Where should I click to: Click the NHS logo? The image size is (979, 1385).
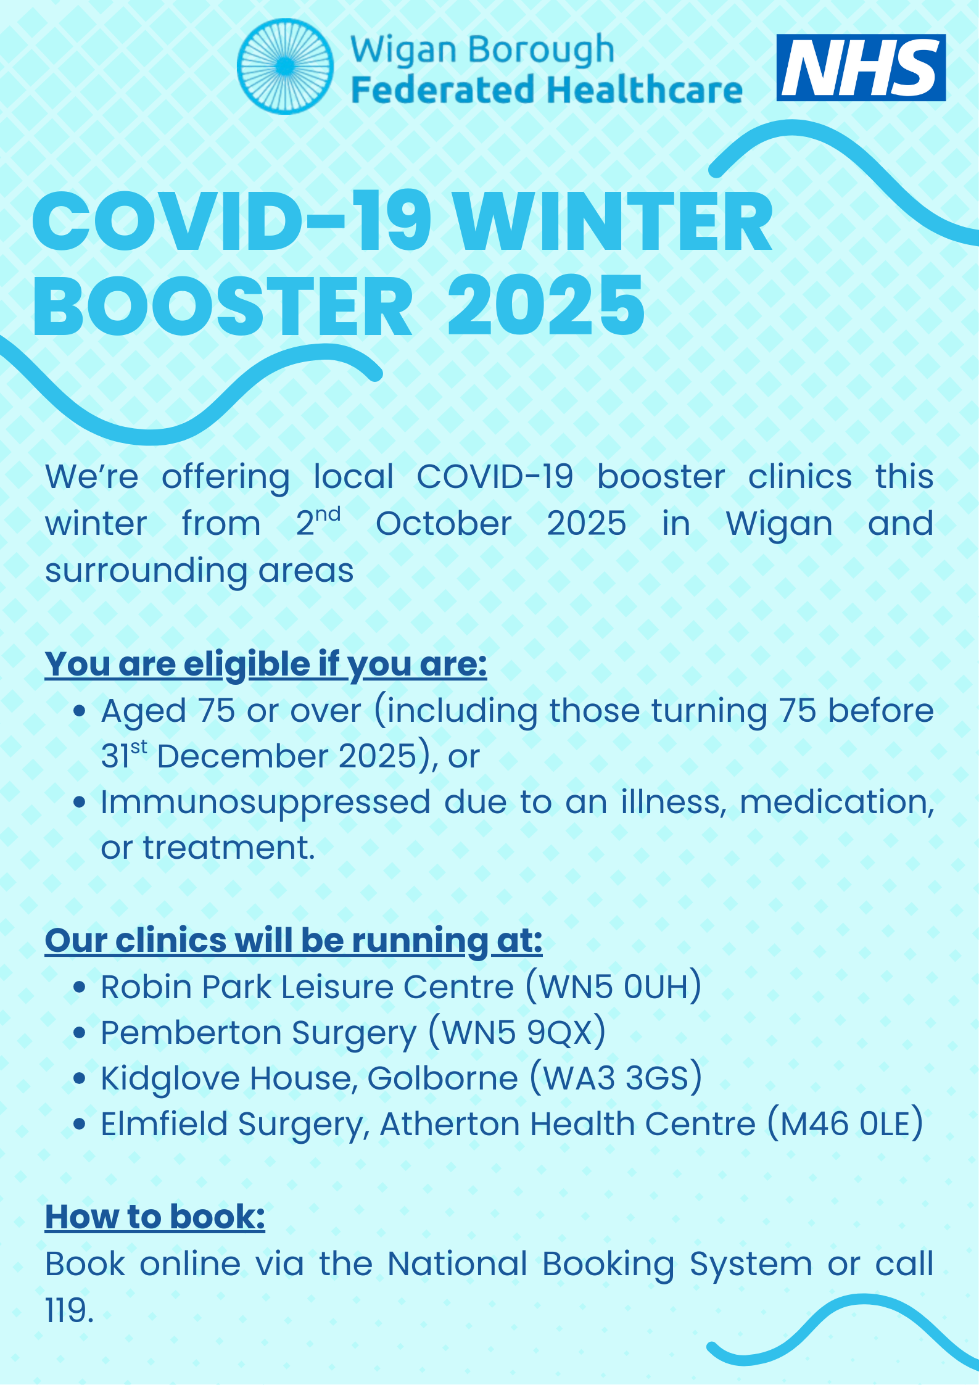pos(861,67)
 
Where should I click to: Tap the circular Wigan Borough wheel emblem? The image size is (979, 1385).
pos(285,66)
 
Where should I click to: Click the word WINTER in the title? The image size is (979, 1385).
pos(614,222)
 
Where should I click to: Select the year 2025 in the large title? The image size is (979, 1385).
pos(546,306)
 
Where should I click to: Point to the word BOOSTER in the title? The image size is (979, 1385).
pos(223,306)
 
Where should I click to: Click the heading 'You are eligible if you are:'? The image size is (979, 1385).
pos(266,665)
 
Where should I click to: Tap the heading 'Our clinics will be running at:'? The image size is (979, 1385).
pos(294,941)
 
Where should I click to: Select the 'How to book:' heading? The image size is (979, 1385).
pos(155,1217)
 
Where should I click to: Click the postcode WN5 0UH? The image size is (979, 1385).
pos(614,986)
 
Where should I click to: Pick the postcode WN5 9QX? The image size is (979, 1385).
pos(517,1032)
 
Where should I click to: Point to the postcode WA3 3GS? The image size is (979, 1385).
pos(615,1078)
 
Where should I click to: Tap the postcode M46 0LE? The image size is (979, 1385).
pos(845,1123)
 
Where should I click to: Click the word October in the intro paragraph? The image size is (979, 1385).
pos(444,524)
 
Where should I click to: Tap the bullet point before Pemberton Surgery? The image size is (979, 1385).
pos(79,1032)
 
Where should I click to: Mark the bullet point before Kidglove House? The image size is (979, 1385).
pos(79,1078)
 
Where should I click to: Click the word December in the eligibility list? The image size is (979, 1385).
pos(242,756)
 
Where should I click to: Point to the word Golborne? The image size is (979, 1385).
pos(442,1078)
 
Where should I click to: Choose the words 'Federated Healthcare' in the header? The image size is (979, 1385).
pos(547,89)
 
